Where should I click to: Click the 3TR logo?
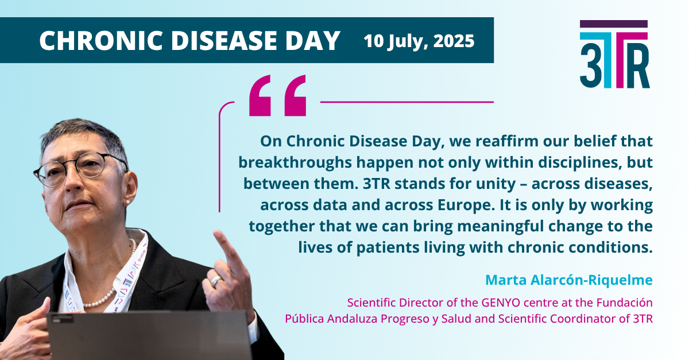(x=614, y=54)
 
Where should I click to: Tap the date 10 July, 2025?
(x=419, y=41)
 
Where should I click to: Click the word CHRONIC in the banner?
(x=101, y=40)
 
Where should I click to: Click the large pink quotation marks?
(x=277, y=95)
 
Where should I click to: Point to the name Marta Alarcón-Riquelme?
(x=569, y=280)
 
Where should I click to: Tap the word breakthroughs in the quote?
(x=295, y=162)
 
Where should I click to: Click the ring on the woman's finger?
(x=216, y=280)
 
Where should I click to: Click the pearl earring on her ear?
(x=127, y=202)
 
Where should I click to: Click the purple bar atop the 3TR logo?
(x=614, y=24)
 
